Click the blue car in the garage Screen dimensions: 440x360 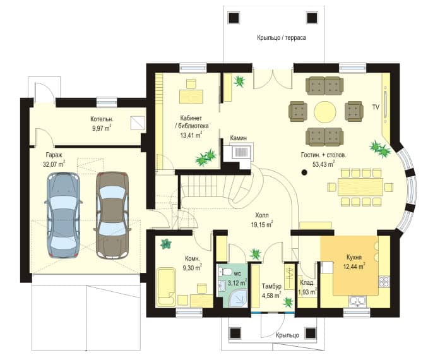pos(64,215)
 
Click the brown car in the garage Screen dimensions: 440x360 pos(112,215)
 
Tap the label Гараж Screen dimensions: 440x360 pos(54,155)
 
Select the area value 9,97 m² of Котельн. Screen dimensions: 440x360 pos(102,129)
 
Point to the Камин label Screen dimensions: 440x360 pos(239,138)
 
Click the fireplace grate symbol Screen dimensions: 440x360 pos(241,152)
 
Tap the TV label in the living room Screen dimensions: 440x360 pos(376,107)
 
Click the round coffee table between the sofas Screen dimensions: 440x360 pos(324,112)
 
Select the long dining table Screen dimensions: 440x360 pos(360,187)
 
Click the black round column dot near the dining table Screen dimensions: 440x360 pos(304,172)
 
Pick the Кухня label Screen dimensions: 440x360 pos(354,257)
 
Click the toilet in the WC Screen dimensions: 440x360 pos(225,272)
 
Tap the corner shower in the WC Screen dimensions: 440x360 pos(238,299)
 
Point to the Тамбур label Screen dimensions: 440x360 pos(271,287)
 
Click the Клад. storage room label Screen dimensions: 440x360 pos(307,283)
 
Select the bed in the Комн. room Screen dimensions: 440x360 pos(166,287)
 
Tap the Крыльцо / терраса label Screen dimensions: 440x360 pos(282,38)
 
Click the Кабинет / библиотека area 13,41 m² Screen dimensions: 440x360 pos(191,136)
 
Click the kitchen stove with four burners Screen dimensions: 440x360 pos(384,282)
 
